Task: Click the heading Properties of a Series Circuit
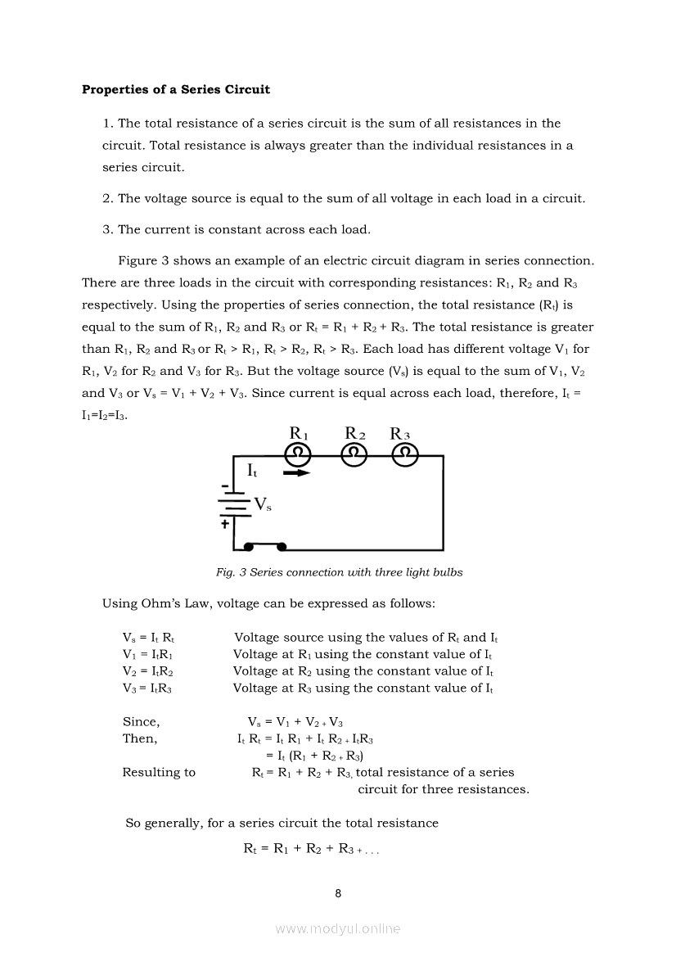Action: pyautogui.click(x=175, y=89)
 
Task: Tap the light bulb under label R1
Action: pyautogui.click(x=300, y=454)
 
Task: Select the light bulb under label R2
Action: pyautogui.click(x=354, y=454)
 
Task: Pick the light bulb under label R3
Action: pyautogui.click(x=404, y=454)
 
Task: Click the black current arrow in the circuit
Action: pyautogui.click(x=296, y=472)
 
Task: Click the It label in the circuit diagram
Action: pyautogui.click(x=252, y=471)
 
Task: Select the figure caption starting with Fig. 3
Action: pyautogui.click(x=339, y=572)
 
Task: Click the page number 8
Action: pyautogui.click(x=338, y=893)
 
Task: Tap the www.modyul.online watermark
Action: pyautogui.click(x=338, y=928)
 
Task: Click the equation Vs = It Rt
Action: pyautogui.click(x=148, y=638)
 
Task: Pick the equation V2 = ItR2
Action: pyautogui.click(x=146, y=671)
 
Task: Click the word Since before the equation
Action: pyautogui.click(x=141, y=722)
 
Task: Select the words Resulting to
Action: pyautogui.click(x=159, y=772)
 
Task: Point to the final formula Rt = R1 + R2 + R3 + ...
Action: pyautogui.click(x=311, y=849)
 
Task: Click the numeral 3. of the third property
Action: pyautogui.click(x=107, y=229)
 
